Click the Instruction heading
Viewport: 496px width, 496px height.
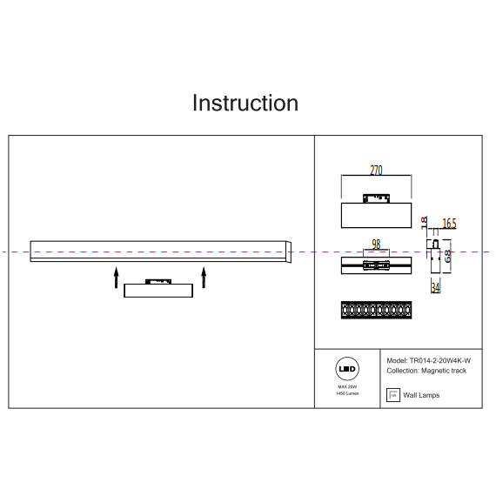(x=245, y=103)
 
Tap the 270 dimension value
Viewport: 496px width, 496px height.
(x=376, y=171)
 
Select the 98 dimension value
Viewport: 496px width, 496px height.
(x=376, y=245)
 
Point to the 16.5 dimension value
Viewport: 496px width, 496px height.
(x=449, y=224)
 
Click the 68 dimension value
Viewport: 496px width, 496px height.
(x=447, y=256)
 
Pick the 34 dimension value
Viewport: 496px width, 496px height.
(x=436, y=287)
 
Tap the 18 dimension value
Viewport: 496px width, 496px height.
(x=424, y=223)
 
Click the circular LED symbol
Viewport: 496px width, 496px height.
(x=347, y=369)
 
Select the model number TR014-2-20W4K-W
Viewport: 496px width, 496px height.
(x=440, y=360)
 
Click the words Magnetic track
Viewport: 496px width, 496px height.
(x=444, y=371)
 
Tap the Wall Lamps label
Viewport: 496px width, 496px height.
(x=421, y=395)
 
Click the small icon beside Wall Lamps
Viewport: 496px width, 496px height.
(x=393, y=395)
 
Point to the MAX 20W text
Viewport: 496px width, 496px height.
(x=347, y=387)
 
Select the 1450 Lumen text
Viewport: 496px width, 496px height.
(x=347, y=393)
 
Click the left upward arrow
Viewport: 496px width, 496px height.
(x=116, y=278)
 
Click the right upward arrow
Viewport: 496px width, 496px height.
(x=204, y=278)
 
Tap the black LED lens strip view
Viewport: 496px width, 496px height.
(x=377, y=310)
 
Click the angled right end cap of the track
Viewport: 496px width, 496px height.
(x=289, y=252)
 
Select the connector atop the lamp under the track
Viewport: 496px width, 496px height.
(x=158, y=282)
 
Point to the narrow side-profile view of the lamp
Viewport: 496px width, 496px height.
(x=435, y=257)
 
